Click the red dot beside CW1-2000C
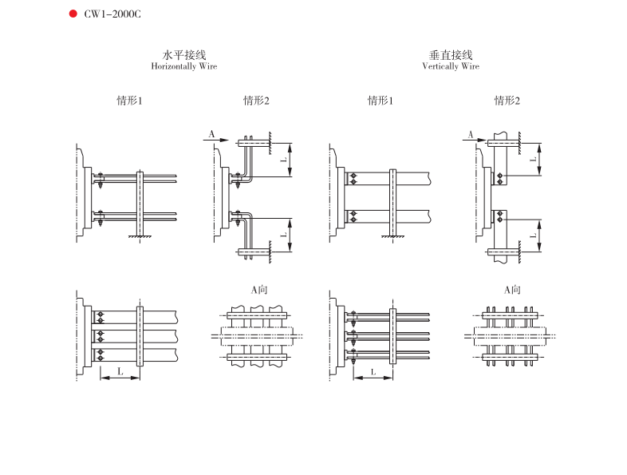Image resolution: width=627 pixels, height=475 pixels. [73, 14]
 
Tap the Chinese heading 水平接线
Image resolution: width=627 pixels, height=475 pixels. [184, 55]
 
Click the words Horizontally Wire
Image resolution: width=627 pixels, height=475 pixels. [184, 66]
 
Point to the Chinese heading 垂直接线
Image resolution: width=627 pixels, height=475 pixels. [451, 55]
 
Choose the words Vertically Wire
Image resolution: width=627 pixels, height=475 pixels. [451, 66]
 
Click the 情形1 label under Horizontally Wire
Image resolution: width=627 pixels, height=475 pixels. [129, 101]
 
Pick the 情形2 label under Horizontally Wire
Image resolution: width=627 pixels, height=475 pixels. [257, 101]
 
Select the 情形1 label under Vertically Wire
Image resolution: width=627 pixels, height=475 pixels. [381, 101]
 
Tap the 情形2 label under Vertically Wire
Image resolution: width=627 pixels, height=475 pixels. [507, 101]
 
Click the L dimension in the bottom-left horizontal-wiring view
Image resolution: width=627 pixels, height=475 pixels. [120, 371]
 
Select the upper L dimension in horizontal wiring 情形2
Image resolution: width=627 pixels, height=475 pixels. [283, 160]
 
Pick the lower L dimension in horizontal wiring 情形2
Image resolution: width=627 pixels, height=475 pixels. [283, 235]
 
